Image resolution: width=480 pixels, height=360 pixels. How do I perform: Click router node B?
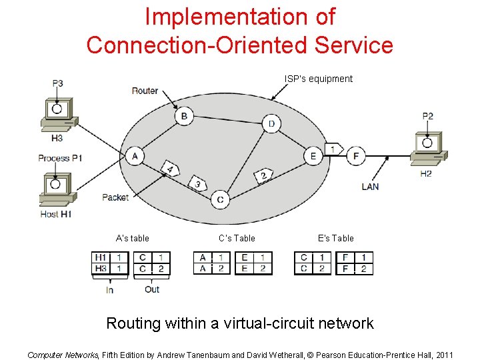click(184, 116)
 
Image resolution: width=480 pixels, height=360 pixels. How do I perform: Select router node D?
click(271, 123)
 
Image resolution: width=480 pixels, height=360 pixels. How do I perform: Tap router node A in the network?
click(135, 156)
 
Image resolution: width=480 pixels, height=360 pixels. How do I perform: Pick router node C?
click(220, 199)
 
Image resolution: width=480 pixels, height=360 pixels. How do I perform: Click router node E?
click(313, 156)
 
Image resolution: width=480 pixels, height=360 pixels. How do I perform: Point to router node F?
click(356, 156)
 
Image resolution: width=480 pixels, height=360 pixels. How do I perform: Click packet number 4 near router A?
click(170, 169)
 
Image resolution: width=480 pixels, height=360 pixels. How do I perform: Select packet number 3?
click(197, 183)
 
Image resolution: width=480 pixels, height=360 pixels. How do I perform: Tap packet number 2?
click(263, 176)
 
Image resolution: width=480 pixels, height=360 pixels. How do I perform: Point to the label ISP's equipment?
click(319, 79)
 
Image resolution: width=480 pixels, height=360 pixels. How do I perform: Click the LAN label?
click(370, 187)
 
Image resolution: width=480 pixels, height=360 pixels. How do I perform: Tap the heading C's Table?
click(237, 238)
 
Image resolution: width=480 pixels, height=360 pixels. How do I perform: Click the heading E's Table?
click(336, 238)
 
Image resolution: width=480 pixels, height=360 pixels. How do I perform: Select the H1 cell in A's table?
click(101, 257)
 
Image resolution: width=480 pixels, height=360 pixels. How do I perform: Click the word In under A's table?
click(109, 289)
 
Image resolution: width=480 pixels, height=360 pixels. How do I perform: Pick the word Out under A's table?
click(152, 289)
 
